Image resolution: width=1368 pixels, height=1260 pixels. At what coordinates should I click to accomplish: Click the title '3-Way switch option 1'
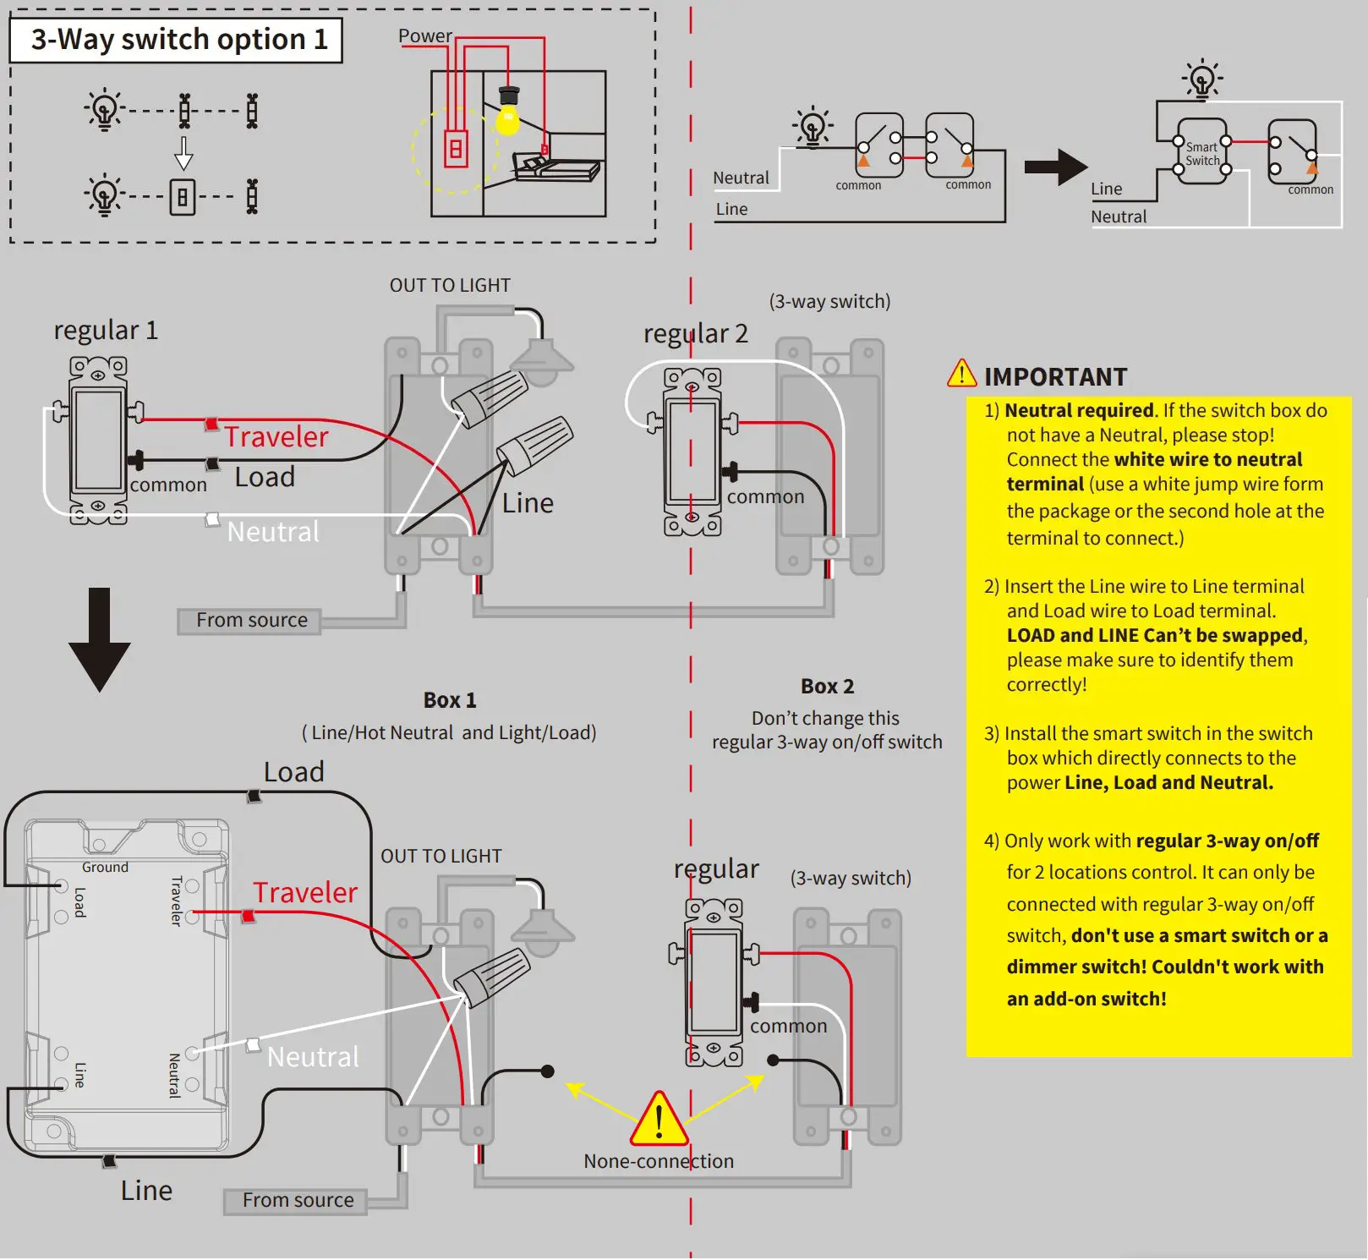178,40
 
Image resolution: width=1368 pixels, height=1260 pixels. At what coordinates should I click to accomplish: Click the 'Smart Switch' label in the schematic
1202,154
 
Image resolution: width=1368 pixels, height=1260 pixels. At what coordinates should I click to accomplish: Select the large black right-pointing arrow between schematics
1054,167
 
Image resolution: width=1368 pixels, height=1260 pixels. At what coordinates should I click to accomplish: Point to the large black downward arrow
100,640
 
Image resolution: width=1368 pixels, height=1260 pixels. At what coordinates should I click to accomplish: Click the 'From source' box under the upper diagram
251,621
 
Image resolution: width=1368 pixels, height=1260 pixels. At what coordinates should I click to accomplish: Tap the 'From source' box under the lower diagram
298,1201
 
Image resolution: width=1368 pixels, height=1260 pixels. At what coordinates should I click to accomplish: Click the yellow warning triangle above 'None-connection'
659,1120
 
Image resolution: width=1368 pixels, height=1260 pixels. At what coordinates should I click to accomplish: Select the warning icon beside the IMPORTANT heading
961,374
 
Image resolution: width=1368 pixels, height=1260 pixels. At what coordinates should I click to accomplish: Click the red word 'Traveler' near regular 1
276,436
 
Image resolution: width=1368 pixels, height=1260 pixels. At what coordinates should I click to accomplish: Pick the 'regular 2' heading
695,334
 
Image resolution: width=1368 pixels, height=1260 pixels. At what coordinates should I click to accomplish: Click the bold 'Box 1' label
450,700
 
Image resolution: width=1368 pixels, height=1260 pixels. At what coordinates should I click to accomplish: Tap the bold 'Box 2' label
827,687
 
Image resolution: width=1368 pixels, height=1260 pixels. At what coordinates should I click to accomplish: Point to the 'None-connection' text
659,1162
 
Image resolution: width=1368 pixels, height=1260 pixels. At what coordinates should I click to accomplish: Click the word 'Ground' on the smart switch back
105,868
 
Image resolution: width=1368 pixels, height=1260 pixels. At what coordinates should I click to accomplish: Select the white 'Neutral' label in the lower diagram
313,1057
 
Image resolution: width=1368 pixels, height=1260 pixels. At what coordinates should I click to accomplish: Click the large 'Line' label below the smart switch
146,1191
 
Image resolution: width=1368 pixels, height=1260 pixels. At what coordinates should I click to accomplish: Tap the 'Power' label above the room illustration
424,36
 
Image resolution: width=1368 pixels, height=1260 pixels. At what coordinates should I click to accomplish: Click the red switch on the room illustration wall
456,149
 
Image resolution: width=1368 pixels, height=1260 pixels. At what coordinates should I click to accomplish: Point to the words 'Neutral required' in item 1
1079,411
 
